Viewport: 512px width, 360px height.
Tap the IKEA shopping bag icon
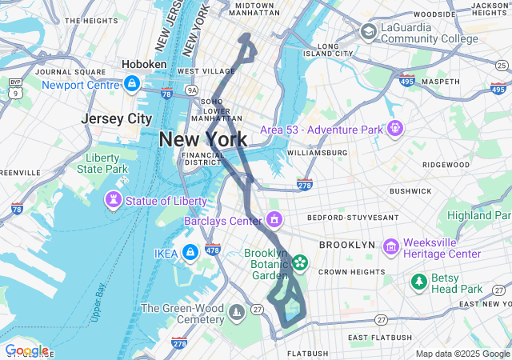click(190, 254)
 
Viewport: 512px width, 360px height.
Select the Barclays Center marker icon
click(274, 219)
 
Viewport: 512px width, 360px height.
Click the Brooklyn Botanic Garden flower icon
click(300, 261)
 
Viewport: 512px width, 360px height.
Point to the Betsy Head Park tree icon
click(418, 282)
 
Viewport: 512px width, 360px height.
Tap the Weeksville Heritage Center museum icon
click(391, 247)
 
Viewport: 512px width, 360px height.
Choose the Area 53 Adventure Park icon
click(394, 128)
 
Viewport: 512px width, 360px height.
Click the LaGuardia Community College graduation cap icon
click(368, 32)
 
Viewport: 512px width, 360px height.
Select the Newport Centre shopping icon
click(132, 83)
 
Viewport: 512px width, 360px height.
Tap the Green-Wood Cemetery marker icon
click(237, 310)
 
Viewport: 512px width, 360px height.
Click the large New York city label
click(203, 139)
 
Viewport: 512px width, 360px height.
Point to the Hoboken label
click(144, 64)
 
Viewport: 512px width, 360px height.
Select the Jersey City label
click(117, 118)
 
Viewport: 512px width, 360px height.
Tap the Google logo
click(26, 350)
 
